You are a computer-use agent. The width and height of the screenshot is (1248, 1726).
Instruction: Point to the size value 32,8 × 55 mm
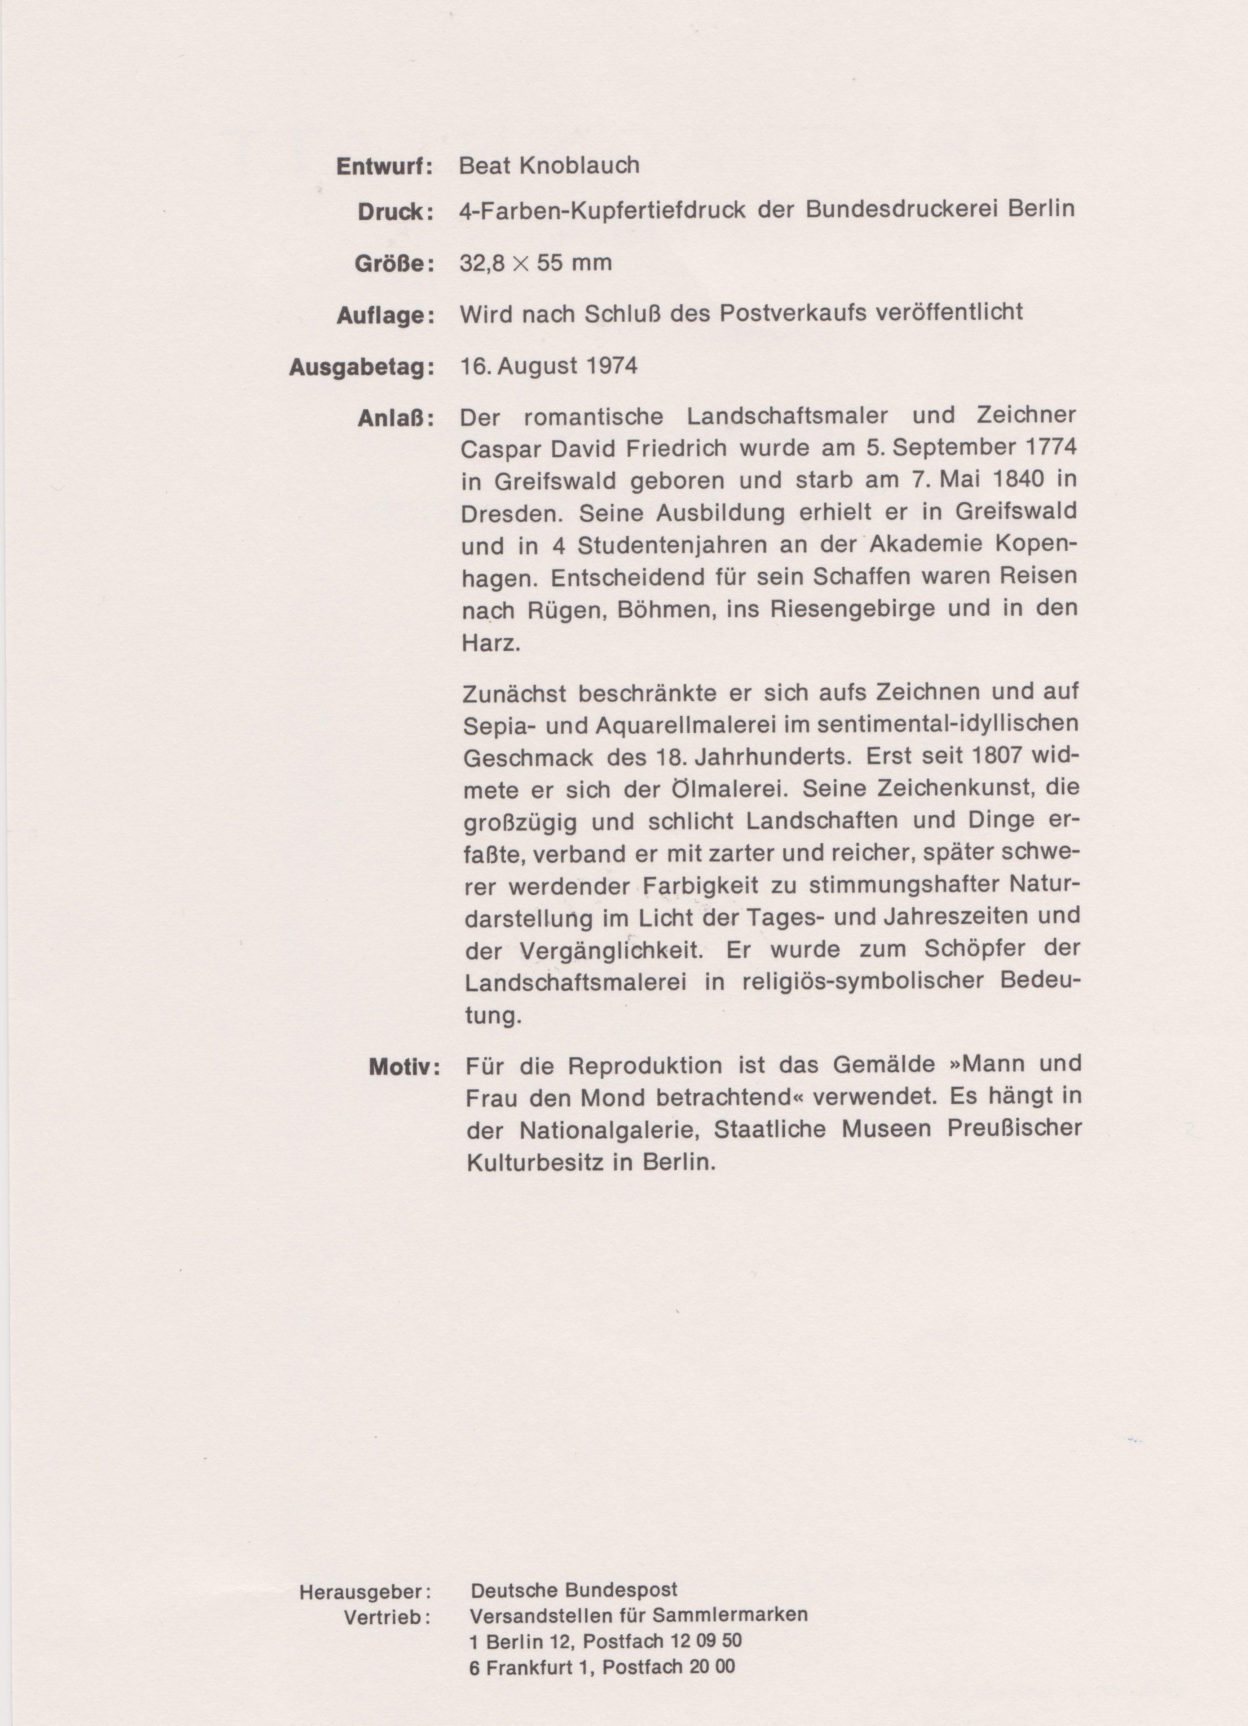(x=536, y=263)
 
